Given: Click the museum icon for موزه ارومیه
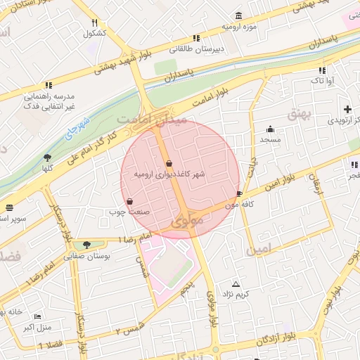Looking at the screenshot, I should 239,16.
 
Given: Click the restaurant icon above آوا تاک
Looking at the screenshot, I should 322,70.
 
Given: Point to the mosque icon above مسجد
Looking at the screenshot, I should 270,129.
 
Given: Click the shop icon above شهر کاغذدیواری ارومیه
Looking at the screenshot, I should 169,163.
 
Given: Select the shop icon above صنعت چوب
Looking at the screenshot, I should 130,202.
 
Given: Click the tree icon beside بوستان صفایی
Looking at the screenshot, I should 86,245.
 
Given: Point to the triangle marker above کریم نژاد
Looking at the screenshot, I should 236,284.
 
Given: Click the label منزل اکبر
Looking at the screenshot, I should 38,327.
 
